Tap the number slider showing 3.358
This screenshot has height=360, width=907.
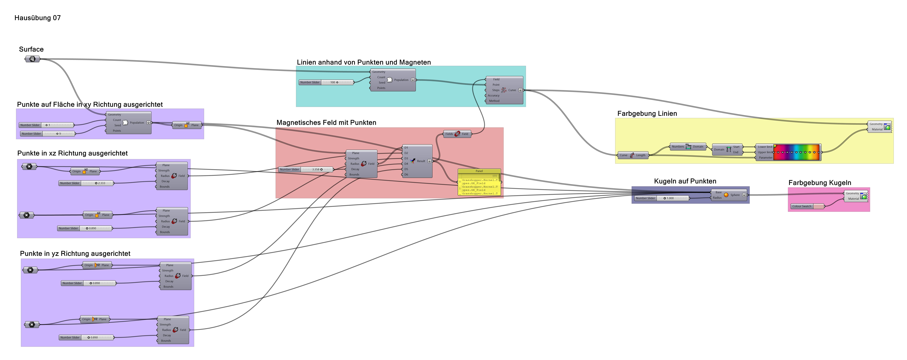[306, 169]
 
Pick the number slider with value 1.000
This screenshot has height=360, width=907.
[662, 198]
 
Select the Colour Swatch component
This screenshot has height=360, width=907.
[807, 206]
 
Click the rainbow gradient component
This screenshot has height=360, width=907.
[797, 152]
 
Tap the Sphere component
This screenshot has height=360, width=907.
[729, 195]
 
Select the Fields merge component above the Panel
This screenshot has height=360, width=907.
[457, 134]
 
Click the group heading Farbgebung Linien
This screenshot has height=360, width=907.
[647, 113]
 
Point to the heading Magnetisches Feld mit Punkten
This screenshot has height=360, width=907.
[326, 123]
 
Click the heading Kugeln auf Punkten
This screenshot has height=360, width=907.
[685, 181]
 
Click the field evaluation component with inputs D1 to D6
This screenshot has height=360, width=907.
[417, 161]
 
